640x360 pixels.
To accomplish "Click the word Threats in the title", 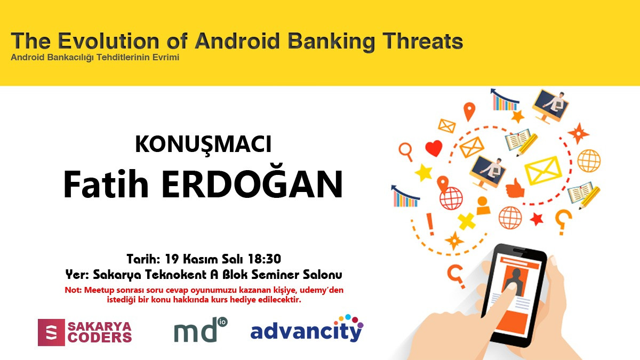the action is pos(422,41).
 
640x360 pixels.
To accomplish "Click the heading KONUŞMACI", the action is pos(203,145).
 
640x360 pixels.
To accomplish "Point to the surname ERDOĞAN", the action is pos(252,183).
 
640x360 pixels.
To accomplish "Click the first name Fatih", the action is pos(106,183).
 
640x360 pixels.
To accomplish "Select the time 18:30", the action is pos(265,259).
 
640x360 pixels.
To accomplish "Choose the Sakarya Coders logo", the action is pos(85,332).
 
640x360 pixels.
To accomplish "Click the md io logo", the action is pos(201,330).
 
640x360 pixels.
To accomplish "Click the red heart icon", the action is pos(434,148).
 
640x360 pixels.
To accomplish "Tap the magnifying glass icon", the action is pos(406,151).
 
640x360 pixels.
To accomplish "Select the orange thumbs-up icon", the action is pos(515,188).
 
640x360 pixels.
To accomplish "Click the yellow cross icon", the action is pos(467,221).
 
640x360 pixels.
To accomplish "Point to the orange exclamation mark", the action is pos(430,225).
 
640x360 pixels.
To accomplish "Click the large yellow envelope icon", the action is pos(543,170).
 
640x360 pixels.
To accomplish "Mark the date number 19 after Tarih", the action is pos(172,259).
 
